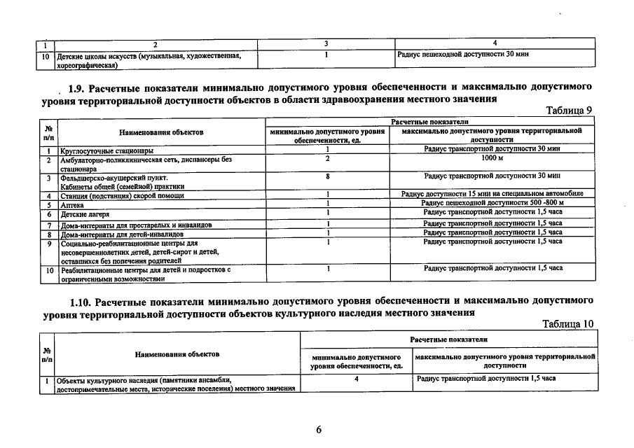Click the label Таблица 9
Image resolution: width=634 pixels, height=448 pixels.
point(569,111)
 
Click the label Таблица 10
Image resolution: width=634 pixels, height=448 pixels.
point(567,324)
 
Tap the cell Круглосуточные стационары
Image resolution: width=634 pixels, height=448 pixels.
point(107,150)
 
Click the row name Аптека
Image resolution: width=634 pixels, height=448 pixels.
point(74,205)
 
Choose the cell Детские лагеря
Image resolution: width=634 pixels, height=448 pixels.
point(85,214)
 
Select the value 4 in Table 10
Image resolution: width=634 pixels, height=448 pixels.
point(357,379)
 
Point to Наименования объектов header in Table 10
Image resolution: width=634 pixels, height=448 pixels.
point(177,354)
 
